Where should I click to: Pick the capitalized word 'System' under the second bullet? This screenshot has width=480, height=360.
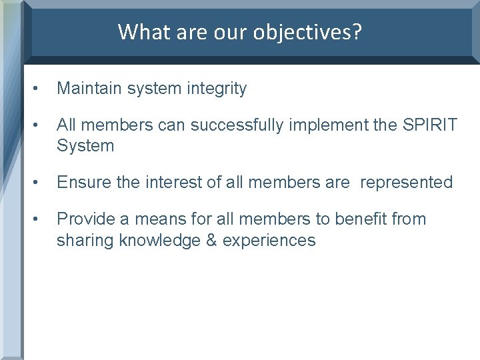(x=85, y=145)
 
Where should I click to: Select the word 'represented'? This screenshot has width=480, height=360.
(x=406, y=182)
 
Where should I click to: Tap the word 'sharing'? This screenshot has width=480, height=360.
(x=85, y=240)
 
